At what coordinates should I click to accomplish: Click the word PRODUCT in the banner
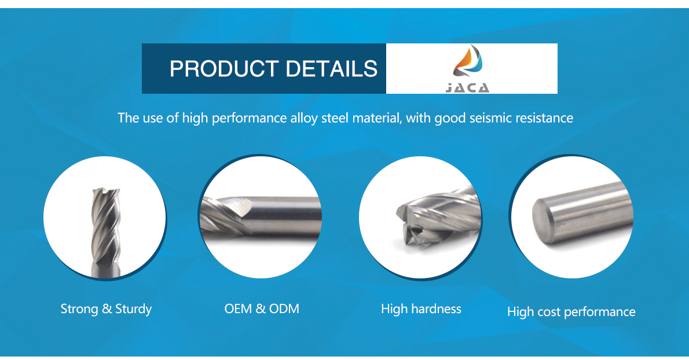(224, 69)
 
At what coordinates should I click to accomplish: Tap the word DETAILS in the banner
(331, 69)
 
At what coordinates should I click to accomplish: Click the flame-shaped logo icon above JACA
(468, 63)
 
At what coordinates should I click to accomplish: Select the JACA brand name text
(468, 88)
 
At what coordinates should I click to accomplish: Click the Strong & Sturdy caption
(106, 309)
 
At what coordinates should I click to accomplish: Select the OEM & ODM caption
(262, 308)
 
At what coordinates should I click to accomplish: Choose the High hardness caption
(421, 309)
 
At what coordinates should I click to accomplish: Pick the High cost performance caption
(571, 312)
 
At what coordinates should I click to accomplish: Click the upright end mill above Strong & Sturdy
(105, 233)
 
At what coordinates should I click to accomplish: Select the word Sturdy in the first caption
(134, 309)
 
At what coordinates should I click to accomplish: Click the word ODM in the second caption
(284, 308)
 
